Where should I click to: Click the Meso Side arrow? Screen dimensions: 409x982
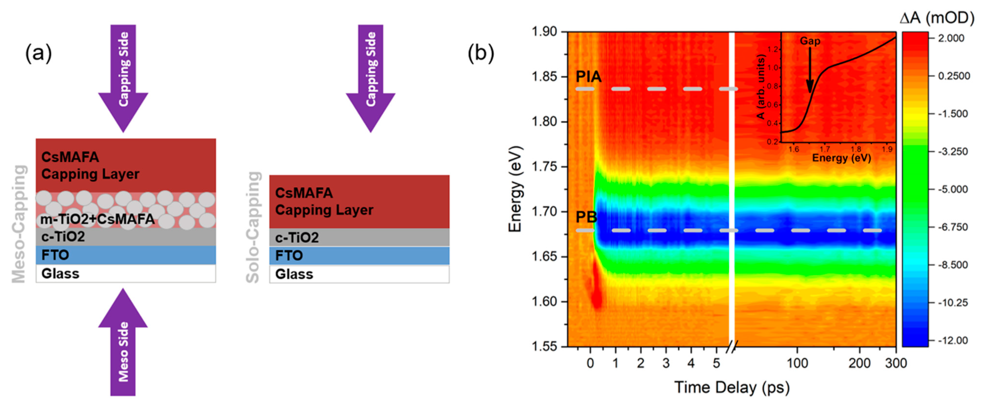pos(123,343)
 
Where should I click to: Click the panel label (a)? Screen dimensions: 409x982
pos(38,53)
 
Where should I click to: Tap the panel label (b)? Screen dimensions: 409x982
pos(481,53)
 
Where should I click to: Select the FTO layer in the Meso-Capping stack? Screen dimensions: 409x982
pos(126,255)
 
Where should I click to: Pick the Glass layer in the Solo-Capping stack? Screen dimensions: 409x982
pos(359,274)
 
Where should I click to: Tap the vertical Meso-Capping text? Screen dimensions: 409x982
pos(19,224)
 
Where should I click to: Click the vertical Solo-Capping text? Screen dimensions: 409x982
pos(253,227)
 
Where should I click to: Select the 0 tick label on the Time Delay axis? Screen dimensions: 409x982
pos(590,363)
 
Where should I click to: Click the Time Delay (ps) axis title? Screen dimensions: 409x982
pos(732,388)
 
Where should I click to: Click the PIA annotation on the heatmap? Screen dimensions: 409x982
pos(588,77)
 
